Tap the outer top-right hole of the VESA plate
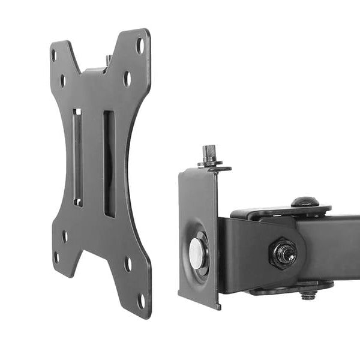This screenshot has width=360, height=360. pyautogui.click(x=140, y=45)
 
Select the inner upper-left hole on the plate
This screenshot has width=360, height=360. pyautogui.click(x=62, y=81)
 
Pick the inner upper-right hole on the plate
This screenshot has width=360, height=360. pyautogui.click(x=127, y=78)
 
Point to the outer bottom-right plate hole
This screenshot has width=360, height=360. pyautogui.click(x=141, y=299)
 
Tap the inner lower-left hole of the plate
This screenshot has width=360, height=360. pyautogui.click(x=65, y=236)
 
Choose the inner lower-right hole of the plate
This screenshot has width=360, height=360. pyautogui.click(x=128, y=263)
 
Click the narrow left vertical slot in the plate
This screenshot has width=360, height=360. pyautogui.click(x=77, y=157)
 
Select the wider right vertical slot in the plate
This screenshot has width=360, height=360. pyautogui.click(x=109, y=163)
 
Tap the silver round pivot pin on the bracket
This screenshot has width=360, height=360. pyautogui.click(x=197, y=254)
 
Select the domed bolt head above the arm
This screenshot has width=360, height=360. pyautogui.click(x=304, y=202)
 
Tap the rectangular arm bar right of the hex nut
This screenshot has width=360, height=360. pyautogui.click(x=336, y=246)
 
